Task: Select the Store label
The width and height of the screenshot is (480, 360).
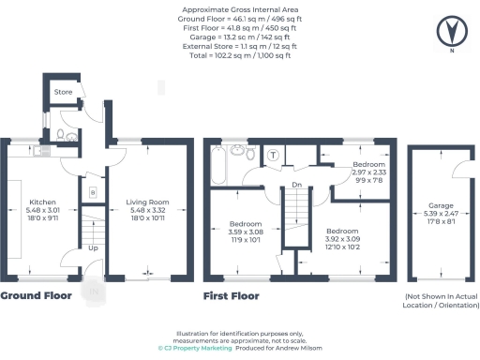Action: pyautogui.click(x=62, y=92)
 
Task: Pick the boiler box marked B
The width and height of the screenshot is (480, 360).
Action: pyautogui.click(x=92, y=192)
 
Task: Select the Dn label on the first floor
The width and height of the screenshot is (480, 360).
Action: pyautogui.click(x=295, y=185)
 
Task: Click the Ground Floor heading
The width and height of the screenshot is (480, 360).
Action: pyautogui.click(x=37, y=295)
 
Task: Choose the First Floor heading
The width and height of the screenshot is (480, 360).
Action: pyautogui.click(x=231, y=295)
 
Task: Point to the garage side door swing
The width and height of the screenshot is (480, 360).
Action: pyautogui.click(x=459, y=164)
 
